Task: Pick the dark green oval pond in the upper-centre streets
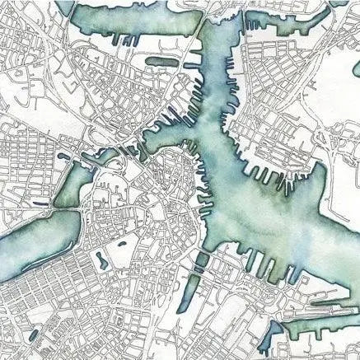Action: click(161, 61)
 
